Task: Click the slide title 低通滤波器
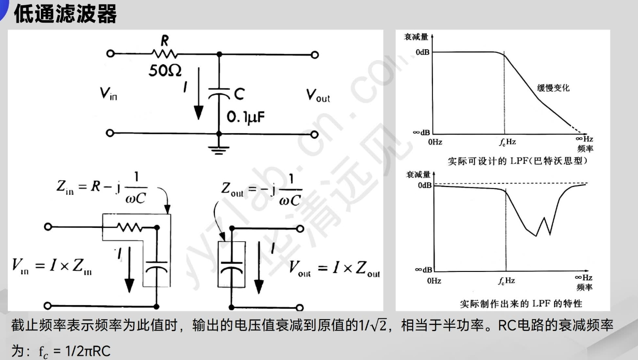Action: point(65,14)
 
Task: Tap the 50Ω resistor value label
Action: point(165,71)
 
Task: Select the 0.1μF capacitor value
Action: point(246,118)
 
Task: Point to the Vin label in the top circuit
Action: point(109,94)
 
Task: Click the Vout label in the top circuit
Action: point(317,95)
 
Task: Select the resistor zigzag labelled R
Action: point(165,53)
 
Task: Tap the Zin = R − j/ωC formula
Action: point(102,187)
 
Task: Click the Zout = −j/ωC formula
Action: point(261,189)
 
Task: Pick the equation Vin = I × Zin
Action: point(52,267)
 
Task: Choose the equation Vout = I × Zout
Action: point(334,268)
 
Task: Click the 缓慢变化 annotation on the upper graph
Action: point(553,88)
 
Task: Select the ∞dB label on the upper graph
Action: point(421,133)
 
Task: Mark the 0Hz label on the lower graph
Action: point(434,280)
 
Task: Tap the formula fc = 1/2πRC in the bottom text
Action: point(75,351)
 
